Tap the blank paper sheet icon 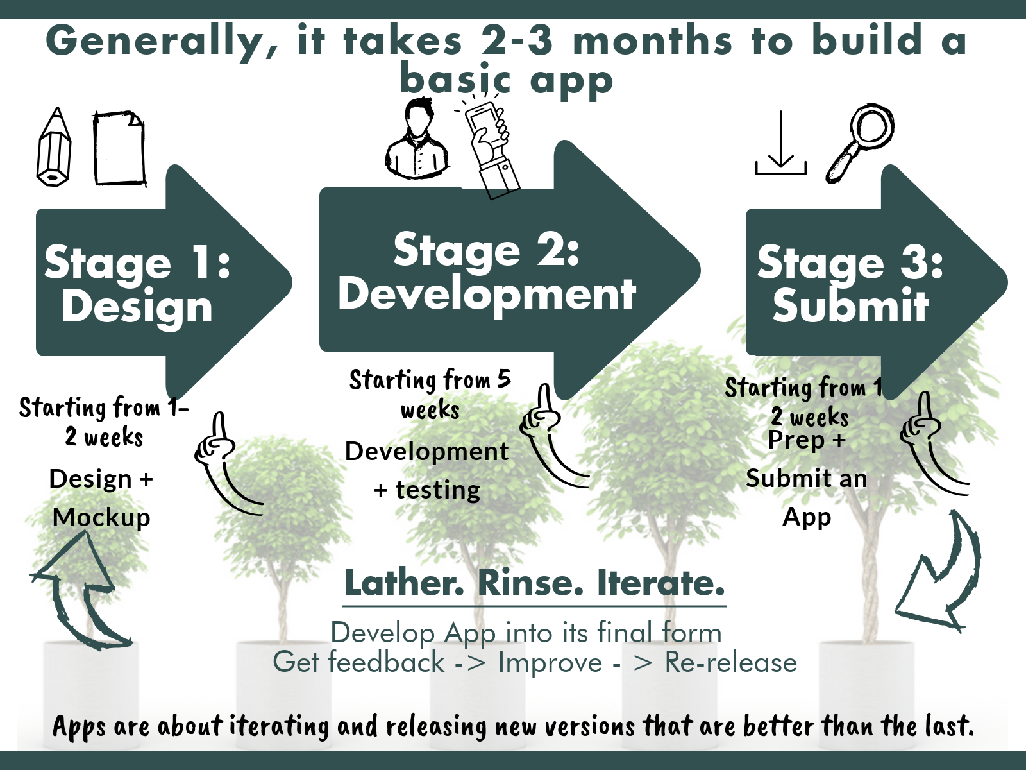click(119, 148)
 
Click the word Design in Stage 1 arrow click(137, 307)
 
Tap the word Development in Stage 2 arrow click(487, 294)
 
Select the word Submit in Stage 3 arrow click(850, 305)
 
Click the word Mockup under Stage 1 click(101, 517)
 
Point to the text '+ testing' click(427, 490)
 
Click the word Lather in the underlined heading click(405, 583)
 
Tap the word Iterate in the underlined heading click(660, 583)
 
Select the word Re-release click(730, 662)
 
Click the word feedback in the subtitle click(386, 662)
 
